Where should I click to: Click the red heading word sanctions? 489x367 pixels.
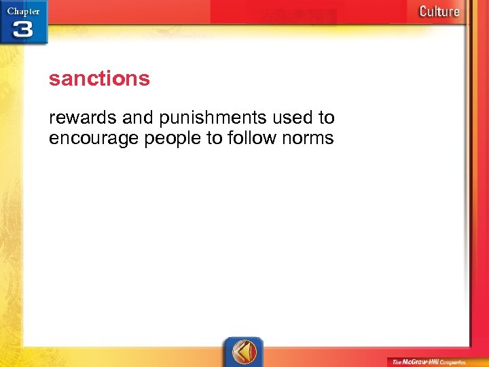pos(99,79)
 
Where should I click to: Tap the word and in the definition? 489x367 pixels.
pos(138,118)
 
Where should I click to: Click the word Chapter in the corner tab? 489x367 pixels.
pos(22,11)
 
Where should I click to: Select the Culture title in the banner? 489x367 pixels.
pos(439,11)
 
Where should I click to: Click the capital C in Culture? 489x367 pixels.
pos(423,11)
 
